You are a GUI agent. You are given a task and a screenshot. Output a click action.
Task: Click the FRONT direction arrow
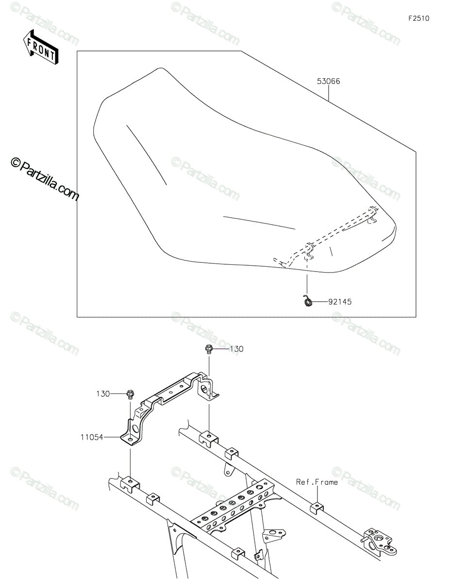pyautogui.click(x=41, y=47)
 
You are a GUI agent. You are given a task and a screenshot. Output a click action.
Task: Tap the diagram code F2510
pyautogui.click(x=418, y=18)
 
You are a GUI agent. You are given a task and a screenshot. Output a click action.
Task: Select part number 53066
pyautogui.click(x=328, y=81)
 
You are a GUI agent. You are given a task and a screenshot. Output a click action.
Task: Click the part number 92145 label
pyautogui.click(x=340, y=302)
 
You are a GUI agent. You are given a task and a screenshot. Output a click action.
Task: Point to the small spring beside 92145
pyautogui.click(x=308, y=300)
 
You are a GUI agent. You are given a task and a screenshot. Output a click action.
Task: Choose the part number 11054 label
pyautogui.click(x=92, y=437)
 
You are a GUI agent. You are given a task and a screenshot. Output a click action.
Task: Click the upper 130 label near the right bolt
pyautogui.click(x=236, y=349)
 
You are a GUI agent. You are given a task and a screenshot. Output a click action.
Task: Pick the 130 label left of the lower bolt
pyautogui.click(x=103, y=394)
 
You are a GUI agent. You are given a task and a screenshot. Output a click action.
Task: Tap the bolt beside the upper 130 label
pyautogui.click(x=208, y=350)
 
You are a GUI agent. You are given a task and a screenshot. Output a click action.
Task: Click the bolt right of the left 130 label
pyautogui.click(x=130, y=395)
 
